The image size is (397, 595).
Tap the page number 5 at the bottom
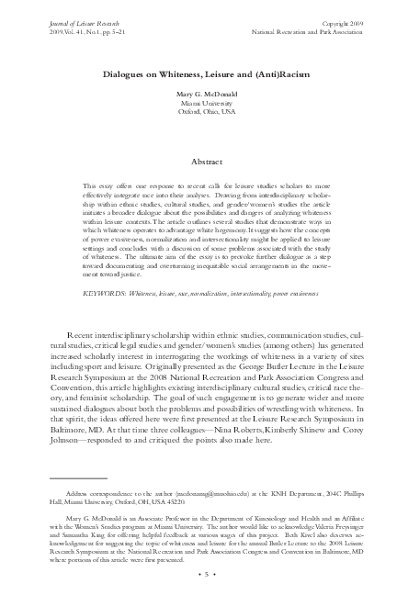199,575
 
